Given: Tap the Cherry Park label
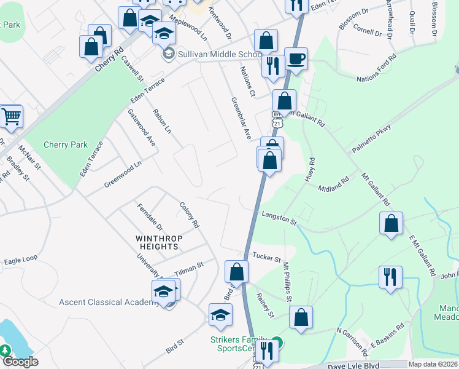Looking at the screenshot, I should coord(66,145).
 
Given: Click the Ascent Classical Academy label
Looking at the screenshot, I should coord(109,302).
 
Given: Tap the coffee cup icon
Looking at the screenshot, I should coord(296,59).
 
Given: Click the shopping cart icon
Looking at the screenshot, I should coord(10,115).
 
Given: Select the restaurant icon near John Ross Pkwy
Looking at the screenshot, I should coord(390,277).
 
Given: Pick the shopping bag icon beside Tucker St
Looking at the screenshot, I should coord(236,271).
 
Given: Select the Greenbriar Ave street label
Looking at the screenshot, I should coord(241,117).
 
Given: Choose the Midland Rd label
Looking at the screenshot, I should coord(333,183).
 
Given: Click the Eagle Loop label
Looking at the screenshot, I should coord(20,260).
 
